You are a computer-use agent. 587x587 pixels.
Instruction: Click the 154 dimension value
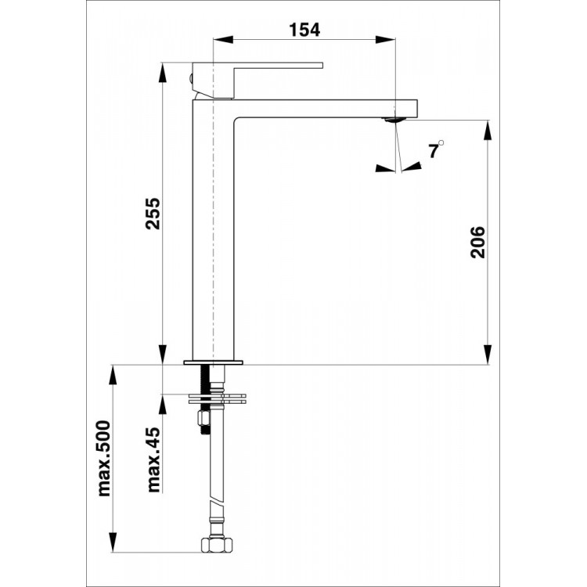tap(304, 30)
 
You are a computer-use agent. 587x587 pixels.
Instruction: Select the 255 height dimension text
tap(153, 214)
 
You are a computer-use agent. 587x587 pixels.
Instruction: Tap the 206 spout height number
tap(477, 242)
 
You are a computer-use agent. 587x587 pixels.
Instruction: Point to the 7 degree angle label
tap(433, 152)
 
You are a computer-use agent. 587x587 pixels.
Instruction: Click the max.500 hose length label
tap(104, 459)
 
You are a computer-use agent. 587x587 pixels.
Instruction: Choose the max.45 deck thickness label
tap(153, 459)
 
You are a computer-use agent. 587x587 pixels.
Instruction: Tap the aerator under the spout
tap(393, 120)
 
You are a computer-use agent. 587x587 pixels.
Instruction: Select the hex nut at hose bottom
tap(217, 544)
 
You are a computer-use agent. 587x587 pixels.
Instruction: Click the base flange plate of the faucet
tap(214, 362)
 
